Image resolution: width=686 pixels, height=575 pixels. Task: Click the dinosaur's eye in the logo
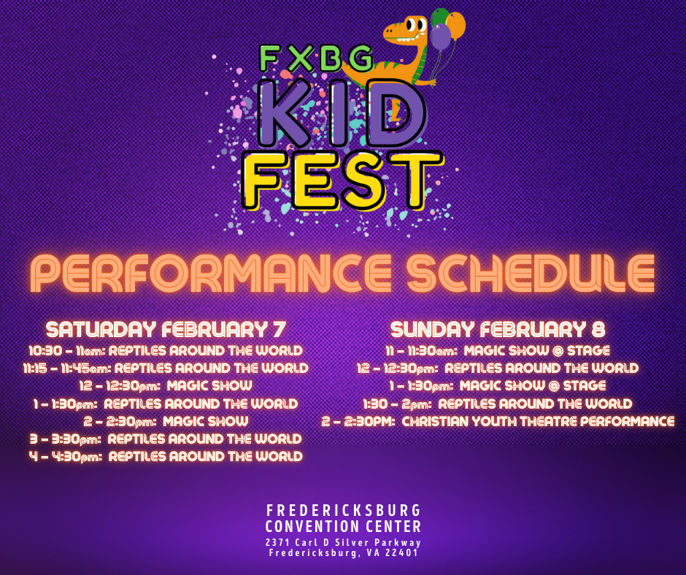pyautogui.click(x=412, y=26)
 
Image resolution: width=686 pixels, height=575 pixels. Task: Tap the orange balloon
pyautogui.click(x=455, y=26)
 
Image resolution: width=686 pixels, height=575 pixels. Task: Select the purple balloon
pyautogui.click(x=441, y=36)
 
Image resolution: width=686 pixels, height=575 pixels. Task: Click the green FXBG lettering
pyautogui.click(x=316, y=58)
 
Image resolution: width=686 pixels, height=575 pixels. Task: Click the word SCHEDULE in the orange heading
pyautogui.click(x=531, y=273)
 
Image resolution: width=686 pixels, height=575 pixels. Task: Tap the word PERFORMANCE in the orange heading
pyautogui.click(x=211, y=273)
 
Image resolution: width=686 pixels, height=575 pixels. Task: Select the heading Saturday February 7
pyautogui.click(x=166, y=330)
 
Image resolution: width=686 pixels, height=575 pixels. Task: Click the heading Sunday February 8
pyautogui.click(x=498, y=330)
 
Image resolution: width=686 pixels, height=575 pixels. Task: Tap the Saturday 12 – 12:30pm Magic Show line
pyautogui.click(x=166, y=386)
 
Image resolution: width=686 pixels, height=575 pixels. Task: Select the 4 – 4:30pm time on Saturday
pyautogui.click(x=66, y=457)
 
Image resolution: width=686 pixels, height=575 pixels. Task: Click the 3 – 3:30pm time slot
pyautogui.click(x=66, y=439)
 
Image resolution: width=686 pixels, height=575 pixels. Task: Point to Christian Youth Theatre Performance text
pyautogui.click(x=538, y=422)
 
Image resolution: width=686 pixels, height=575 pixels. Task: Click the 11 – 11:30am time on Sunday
pyautogui.click(x=421, y=351)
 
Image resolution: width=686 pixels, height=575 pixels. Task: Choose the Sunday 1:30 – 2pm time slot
pyautogui.click(x=397, y=404)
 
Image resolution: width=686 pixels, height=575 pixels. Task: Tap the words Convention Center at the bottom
pyautogui.click(x=344, y=526)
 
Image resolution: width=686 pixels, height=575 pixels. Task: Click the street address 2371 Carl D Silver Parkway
pyautogui.click(x=344, y=543)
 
